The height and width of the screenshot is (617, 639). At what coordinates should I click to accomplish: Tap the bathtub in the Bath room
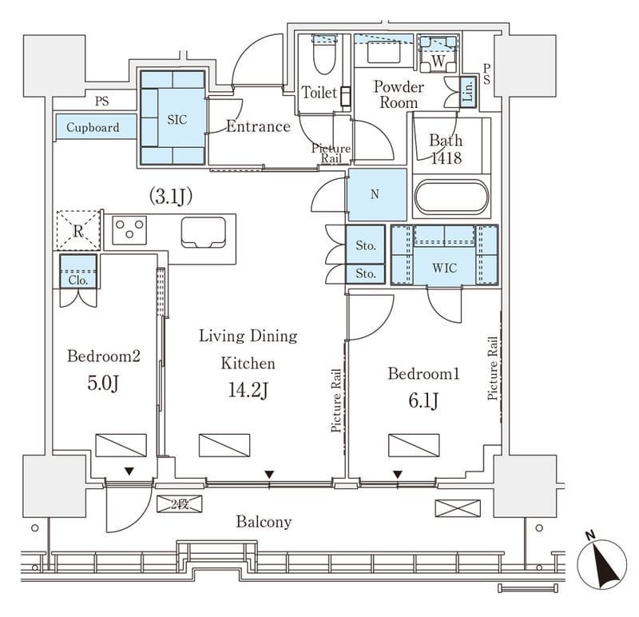pyautogui.click(x=451, y=197)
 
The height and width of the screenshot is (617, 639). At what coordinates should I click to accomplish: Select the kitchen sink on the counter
pyautogui.click(x=204, y=232)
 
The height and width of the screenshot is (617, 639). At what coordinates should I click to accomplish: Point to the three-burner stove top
pyautogui.click(x=129, y=230)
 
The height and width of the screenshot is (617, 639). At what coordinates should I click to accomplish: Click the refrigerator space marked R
pyautogui.click(x=77, y=230)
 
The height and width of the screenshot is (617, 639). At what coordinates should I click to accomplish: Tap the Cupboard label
pyautogui.click(x=93, y=127)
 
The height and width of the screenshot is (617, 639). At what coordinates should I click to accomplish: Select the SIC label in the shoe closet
pyautogui.click(x=177, y=120)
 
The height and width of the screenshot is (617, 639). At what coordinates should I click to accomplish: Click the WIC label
pyautogui.click(x=444, y=268)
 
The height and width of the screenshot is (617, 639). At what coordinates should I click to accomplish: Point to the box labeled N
pyautogui.click(x=375, y=195)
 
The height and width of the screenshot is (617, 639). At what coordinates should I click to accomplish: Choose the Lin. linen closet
pyautogui.click(x=468, y=91)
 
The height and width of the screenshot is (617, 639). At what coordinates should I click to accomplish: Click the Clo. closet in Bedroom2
pyautogui.click(x=78, y=272)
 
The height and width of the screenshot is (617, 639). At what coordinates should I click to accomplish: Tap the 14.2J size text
pyautogui.click(x=248, y=391)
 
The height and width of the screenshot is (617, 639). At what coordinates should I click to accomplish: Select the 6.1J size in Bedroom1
pyautogui.click(x=424, y=401)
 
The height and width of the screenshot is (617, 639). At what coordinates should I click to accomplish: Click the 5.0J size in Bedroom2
pyautogui.click(x=103, y=384)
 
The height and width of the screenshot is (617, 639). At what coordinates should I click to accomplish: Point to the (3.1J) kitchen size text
pyautogui.click(x=171, y=197)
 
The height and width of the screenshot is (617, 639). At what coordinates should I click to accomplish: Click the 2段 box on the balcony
pyautogui.click(x=179, y=504)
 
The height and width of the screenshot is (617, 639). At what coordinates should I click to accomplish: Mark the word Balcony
pyautogui.click(x=264, y=522)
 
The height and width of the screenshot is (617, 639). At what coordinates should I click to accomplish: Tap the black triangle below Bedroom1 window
pyautogui.click(x=397, y=474)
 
